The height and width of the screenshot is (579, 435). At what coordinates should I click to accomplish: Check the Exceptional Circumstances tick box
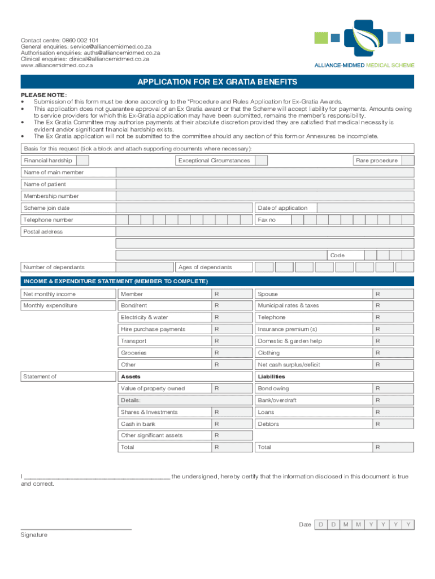(260, 161)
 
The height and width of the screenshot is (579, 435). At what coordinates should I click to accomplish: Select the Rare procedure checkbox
(407, 161)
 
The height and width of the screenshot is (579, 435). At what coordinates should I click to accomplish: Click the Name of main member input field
(264, 172)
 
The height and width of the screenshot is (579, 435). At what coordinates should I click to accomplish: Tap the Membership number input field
(264, 196)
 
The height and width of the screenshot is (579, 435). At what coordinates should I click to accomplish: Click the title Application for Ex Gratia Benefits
(217, 82)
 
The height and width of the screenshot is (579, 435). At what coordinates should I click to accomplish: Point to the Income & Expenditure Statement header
(115, 281)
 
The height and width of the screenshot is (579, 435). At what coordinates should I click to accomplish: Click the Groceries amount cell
(231, 353)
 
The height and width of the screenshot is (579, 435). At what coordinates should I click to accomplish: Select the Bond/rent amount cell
(231, 305)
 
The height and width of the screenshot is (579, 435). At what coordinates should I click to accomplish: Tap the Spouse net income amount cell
(393, 294)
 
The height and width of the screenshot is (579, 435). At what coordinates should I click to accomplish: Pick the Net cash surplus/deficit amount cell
(393, 365)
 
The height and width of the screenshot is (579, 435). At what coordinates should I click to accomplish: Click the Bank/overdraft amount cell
(393, 400)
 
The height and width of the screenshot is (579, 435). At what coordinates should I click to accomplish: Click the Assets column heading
(130, 377)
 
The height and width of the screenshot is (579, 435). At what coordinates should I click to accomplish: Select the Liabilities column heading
(271, 377)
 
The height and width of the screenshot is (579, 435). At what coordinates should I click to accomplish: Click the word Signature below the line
(34, 535)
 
